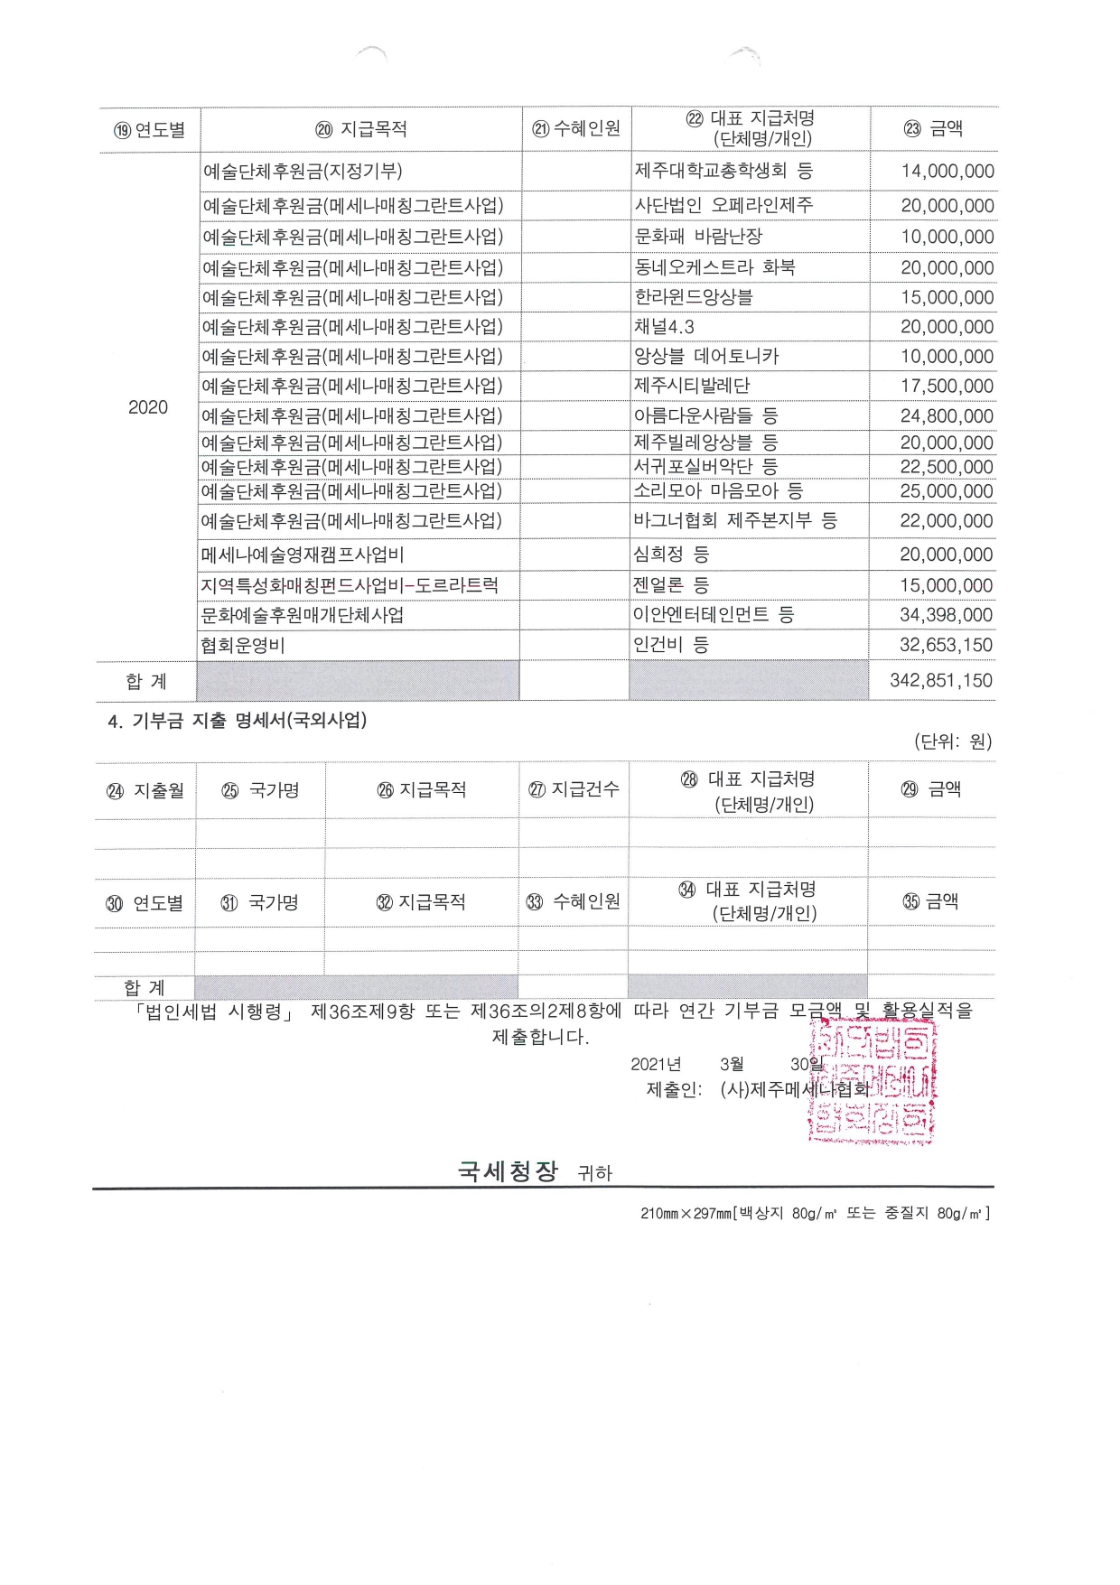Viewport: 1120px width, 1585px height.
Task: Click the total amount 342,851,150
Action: [x=940, y=681]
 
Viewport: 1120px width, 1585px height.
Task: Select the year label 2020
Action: [x=148, y=407]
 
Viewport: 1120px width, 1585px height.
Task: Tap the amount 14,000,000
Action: [x=947, y=172]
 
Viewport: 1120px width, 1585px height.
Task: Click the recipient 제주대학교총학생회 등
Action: [x=723, y=171]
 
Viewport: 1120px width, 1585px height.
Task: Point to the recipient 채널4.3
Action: [x=664, y=327]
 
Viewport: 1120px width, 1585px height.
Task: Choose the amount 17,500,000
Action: [x=947, y=387]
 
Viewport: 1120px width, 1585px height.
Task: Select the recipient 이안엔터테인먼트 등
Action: [x=714, y=615]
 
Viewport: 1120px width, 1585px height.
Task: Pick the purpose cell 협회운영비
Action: [x=243, y=646]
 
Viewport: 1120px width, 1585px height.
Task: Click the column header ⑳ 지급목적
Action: [x=361, y=129]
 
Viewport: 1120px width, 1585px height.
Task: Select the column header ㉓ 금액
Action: [x=933, y=129]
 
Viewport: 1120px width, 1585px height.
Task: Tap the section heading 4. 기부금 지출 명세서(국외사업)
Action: [x=238, y=722]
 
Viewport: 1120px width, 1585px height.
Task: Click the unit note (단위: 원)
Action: [x=953, y=742]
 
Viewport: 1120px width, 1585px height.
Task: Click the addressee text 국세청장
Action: [x=508, y=1171]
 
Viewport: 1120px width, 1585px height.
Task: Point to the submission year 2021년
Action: [x=656, y=1065]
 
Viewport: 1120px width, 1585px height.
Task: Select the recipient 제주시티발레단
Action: [x=692, y=387]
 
